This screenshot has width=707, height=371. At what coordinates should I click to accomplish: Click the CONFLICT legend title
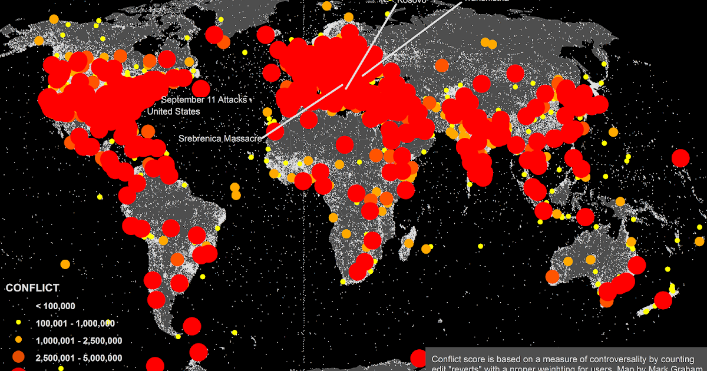[32, 288]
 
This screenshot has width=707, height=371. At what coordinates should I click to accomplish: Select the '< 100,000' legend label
[55, 306]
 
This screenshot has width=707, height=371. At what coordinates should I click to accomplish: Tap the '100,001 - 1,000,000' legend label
[75, 323]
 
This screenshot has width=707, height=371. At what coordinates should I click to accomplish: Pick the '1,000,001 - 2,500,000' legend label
[78, 340]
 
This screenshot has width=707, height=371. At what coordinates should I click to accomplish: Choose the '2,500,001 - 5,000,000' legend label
[78, 357]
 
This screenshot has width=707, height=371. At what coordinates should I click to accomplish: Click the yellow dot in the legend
[18, 323]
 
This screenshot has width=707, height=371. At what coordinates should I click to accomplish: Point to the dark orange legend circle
[18, 357]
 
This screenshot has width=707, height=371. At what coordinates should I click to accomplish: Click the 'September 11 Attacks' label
[204, 100]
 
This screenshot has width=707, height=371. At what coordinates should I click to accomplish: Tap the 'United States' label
[173, 111]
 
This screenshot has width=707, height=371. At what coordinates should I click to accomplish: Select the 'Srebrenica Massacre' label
[220, 139]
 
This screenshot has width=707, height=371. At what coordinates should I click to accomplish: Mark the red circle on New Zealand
[663, 300]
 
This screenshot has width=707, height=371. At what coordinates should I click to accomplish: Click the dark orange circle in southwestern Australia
[552, 276]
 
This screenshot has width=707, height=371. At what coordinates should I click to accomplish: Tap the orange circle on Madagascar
[409, 243]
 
